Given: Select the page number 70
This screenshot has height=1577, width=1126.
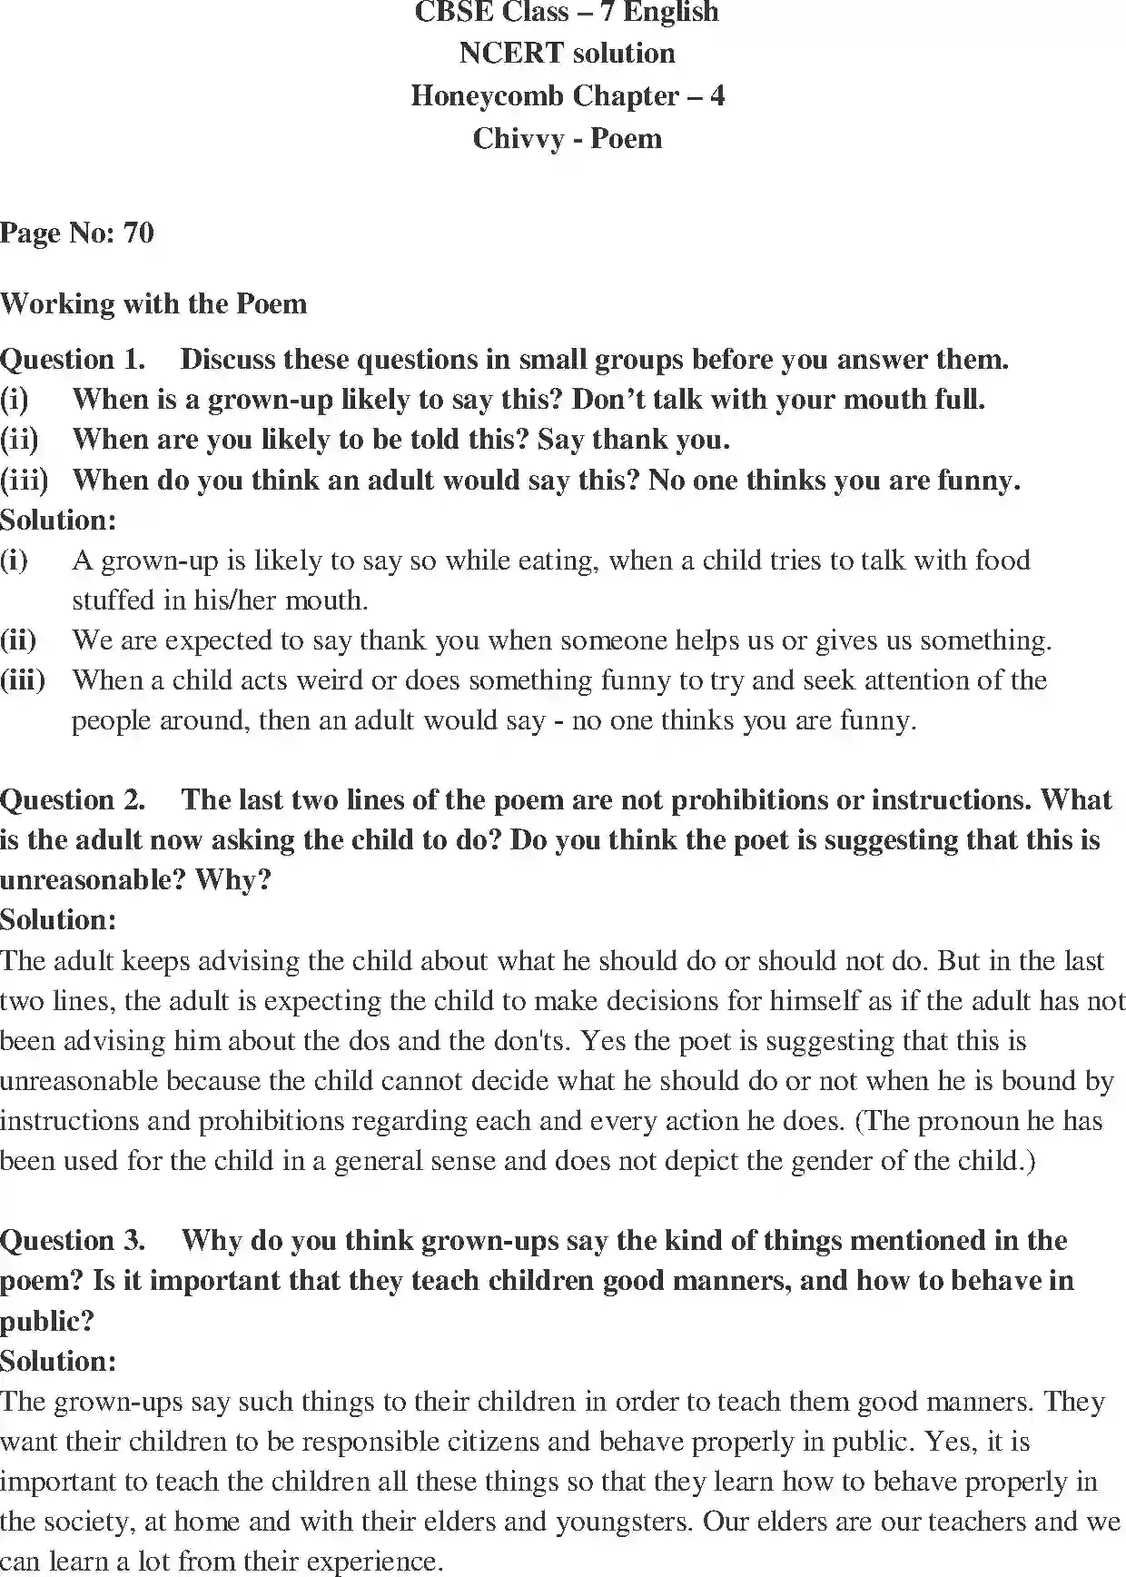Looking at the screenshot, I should point(138,233).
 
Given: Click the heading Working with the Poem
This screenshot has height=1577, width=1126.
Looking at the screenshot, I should point(153,303).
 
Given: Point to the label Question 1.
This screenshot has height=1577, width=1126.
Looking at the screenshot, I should point(73,360).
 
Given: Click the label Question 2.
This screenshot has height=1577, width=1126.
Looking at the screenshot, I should point(73,800).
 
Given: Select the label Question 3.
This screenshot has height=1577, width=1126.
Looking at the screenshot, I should point(73,1241).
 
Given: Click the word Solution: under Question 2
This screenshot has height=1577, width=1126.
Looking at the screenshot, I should point(58,920).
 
